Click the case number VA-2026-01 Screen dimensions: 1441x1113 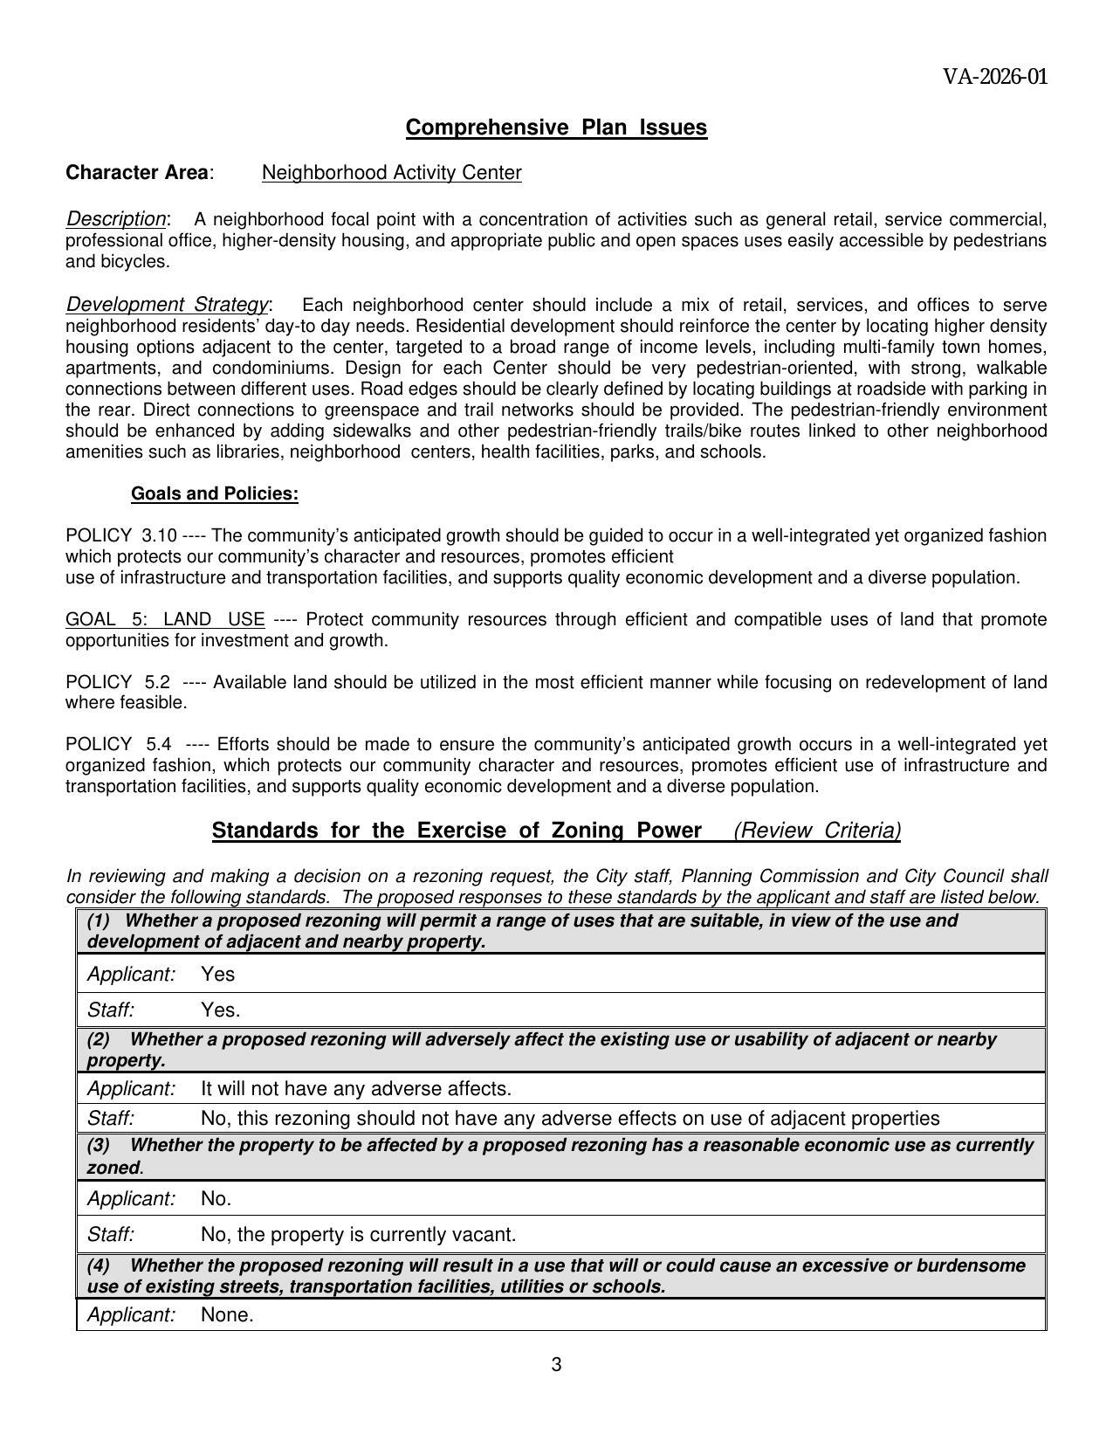994,77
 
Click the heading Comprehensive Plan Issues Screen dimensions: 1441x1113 556,128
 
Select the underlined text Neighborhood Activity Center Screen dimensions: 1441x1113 391,173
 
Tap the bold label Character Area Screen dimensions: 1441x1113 138,173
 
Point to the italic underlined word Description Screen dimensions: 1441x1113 115,218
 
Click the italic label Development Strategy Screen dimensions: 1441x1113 167,305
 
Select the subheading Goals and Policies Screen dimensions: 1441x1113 214,494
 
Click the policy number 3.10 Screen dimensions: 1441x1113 159,535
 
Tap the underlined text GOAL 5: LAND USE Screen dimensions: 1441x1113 165,620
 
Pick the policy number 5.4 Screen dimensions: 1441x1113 159,745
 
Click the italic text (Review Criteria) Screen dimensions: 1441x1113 817,831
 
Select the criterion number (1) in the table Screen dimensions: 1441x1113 99,920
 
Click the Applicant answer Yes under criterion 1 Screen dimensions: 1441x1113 217,975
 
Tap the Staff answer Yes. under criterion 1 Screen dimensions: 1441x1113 220,1010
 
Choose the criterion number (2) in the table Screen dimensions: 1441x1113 99,1040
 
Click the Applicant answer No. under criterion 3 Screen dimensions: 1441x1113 216,1199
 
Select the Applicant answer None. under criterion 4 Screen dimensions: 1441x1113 227,1315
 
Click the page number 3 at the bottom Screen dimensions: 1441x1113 556,1365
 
